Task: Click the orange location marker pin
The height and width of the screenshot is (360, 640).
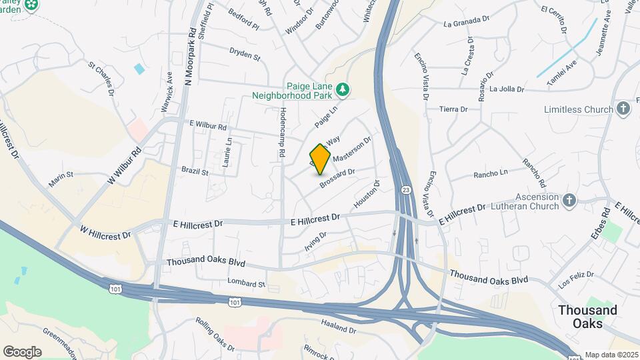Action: coord(320,159)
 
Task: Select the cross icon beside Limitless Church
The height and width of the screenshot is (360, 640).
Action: coord(623,108)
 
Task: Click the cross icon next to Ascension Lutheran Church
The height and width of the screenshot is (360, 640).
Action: coord(569,199)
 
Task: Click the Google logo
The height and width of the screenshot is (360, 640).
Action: coord(22,352)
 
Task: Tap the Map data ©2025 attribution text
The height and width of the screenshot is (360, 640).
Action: coord(611,355)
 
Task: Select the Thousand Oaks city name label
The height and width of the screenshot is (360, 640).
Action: coord(587,317)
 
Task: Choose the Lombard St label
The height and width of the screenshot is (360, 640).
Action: coord(246,283)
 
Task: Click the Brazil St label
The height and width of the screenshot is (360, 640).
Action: coord(195,171)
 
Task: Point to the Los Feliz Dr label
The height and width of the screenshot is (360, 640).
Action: coord(575,281)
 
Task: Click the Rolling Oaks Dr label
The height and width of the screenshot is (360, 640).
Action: coord(215,334)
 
